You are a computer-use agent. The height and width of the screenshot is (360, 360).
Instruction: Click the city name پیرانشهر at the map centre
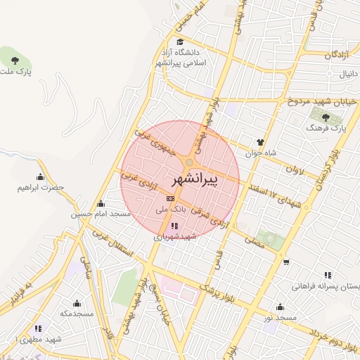click(195, 180)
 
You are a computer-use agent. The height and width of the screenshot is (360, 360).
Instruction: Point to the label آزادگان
click(338, 54)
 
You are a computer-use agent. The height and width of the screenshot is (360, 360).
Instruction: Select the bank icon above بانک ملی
click(169, 199)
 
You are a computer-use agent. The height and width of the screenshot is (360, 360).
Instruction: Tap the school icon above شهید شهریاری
click(174, 226)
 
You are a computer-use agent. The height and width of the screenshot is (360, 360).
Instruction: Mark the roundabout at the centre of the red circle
click(190, 162)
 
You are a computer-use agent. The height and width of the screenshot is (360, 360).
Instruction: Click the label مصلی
click(253, 242)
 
